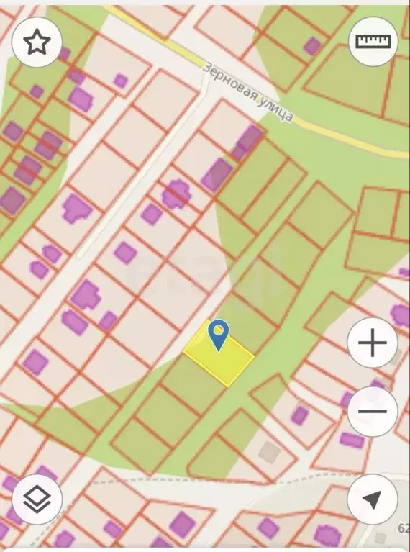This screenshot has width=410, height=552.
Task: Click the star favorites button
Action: [37, 43]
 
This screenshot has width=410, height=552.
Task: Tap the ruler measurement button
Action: [373, 42]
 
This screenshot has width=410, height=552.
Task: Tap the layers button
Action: [37, 499]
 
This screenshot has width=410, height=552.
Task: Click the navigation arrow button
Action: [372, 499]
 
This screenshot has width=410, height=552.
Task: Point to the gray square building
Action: [270, 452]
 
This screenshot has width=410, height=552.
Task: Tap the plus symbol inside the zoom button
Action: [372, 343]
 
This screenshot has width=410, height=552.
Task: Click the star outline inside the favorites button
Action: [37, 43]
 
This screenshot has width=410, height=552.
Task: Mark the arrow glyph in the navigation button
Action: [372, 499]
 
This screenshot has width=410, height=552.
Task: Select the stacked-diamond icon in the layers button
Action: [37, 499]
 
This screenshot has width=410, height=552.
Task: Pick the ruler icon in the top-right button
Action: [373, 42]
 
